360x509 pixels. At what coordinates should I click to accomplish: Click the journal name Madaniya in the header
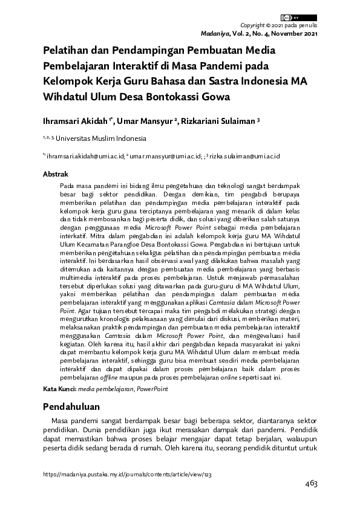tap(260, 33)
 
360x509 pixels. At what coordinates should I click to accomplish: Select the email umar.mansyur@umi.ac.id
tap(166, 156)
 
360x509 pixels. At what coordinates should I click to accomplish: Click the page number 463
tap(311, 484)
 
